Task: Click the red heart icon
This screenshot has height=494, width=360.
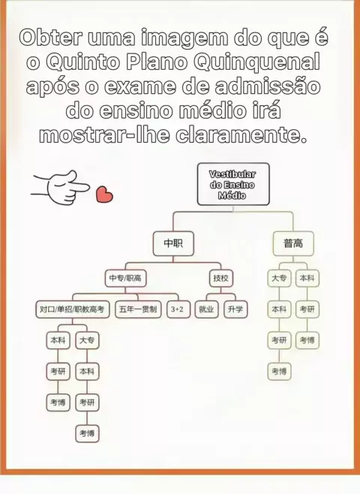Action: point(104,194)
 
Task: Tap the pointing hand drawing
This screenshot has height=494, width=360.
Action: point(60,187)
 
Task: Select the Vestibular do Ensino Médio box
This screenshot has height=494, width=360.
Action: point(233,184)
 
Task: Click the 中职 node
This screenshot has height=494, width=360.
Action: point(173,243)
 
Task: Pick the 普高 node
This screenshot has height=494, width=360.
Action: point(293,243)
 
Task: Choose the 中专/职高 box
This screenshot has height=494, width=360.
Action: point(125,278)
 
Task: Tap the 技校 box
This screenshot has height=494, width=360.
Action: point(221,278)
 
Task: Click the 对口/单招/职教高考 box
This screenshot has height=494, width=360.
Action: point(73,309)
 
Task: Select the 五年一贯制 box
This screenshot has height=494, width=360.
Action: point(138,309)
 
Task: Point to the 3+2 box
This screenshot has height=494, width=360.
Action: point(178,309)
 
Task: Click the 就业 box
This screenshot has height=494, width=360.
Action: point(206,309)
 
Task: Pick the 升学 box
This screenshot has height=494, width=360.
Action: point(235,309)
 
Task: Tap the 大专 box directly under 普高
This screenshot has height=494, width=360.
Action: point(279,278)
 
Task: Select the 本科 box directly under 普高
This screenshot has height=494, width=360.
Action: point(307,278)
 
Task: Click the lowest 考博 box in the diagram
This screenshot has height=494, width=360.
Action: point(87,433)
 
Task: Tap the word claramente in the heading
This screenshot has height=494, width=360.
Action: point(241,135)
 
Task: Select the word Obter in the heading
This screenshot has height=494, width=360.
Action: point(52,37)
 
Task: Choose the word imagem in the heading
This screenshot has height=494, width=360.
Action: point(184,38)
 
